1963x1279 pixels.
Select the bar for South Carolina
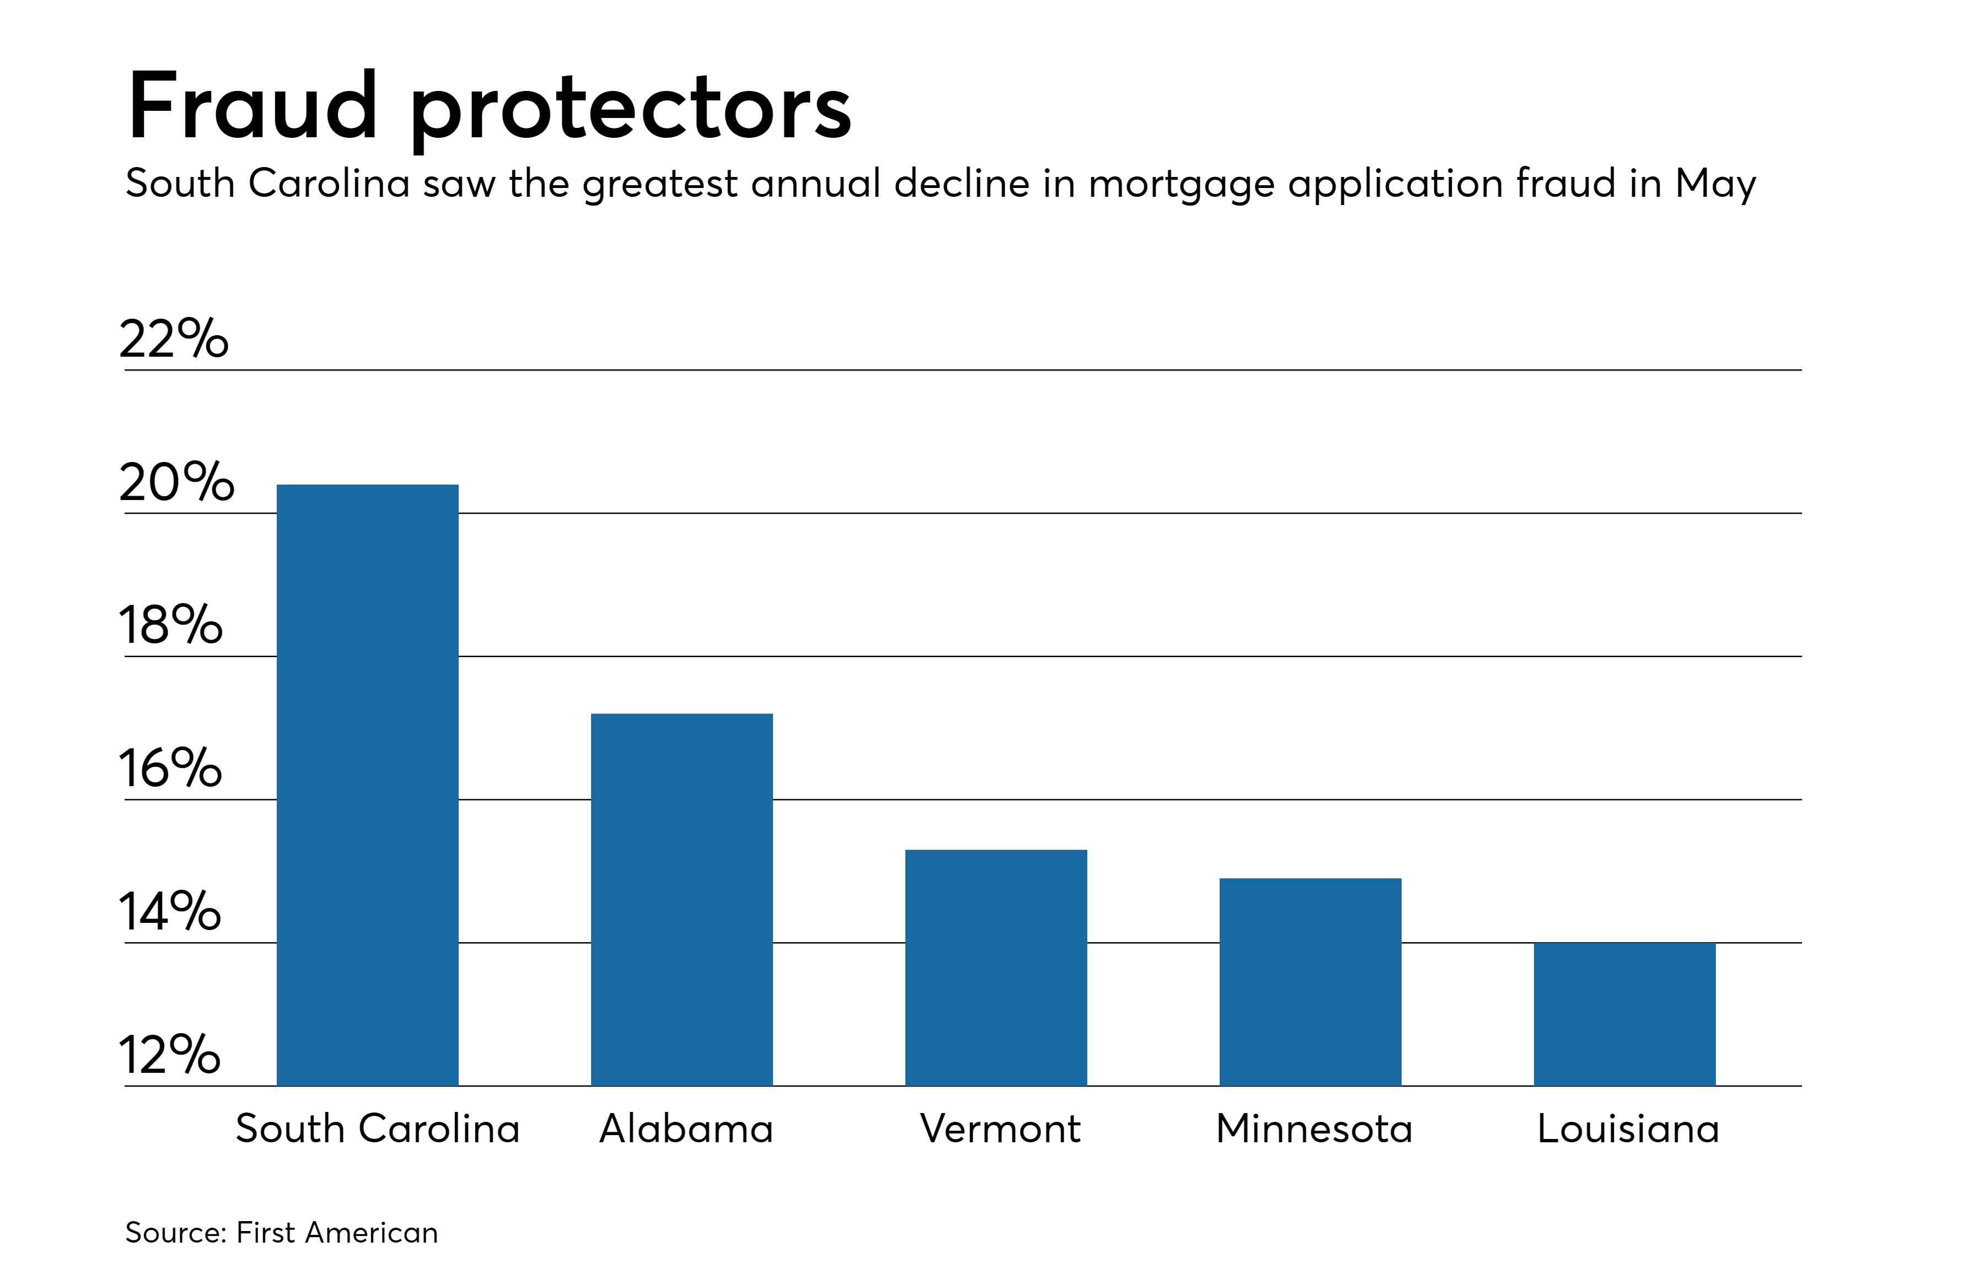tap(367, 785)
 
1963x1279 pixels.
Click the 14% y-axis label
tap(170, 911)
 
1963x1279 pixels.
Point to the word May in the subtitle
tap(1715, 184)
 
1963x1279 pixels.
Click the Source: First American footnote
tap(281, 1232)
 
